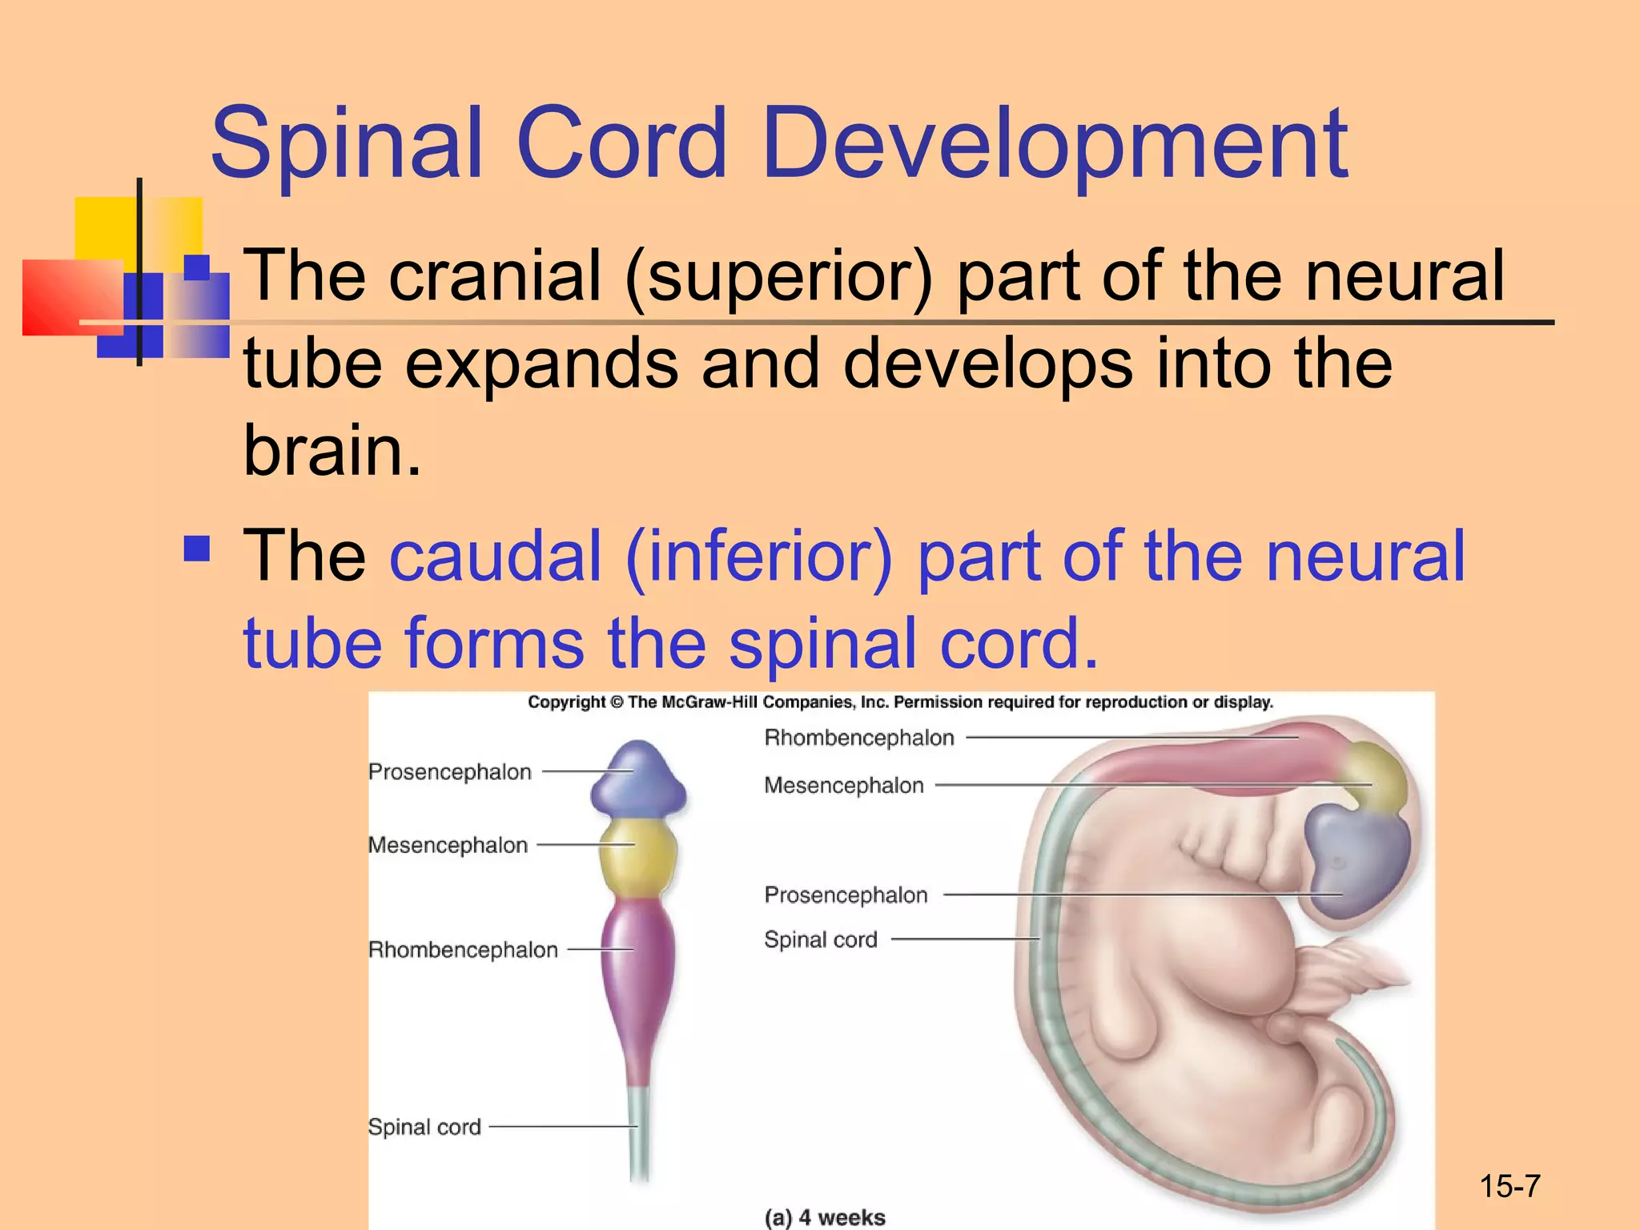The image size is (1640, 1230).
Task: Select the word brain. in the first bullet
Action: [332, 451]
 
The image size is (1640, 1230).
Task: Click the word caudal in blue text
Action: [496, 556]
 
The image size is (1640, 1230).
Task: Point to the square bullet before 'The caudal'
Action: [196, 549]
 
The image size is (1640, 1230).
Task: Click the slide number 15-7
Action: [1509, 1186]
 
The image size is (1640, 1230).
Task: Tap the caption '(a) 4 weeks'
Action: [825, 1217]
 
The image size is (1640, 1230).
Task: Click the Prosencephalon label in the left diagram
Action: [450, 772]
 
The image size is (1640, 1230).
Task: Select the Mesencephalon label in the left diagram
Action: [448, 845]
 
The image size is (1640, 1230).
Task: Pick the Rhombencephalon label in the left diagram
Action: [463, 950]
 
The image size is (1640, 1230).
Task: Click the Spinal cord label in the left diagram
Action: [424, 1127]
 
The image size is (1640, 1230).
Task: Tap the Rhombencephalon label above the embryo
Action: [859, 738]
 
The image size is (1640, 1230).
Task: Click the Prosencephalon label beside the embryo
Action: [846, 894]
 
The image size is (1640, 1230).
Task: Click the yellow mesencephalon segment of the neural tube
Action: [637, 857]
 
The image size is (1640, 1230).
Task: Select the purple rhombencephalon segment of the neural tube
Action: [638, 961]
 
